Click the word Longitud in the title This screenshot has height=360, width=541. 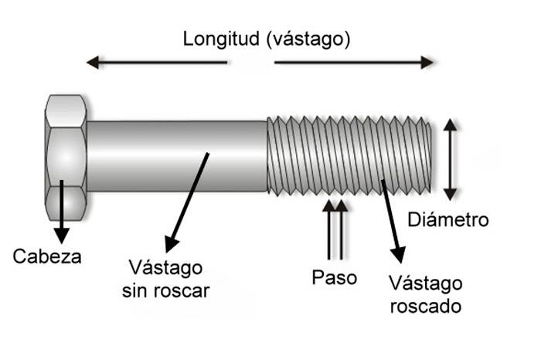[x=219, y=40]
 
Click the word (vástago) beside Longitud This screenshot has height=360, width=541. [x=308, y=40]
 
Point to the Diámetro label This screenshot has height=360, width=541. [x=447, y=220]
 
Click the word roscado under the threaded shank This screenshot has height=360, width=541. [x=424, y=306]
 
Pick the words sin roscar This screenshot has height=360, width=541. [x=166, y=292]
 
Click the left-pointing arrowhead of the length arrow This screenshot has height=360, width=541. [x=93, y=62]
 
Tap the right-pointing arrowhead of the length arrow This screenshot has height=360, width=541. [x=427, y=62]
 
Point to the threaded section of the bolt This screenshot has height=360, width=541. [x=348, y=155]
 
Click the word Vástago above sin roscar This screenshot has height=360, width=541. [x=166, y=269]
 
